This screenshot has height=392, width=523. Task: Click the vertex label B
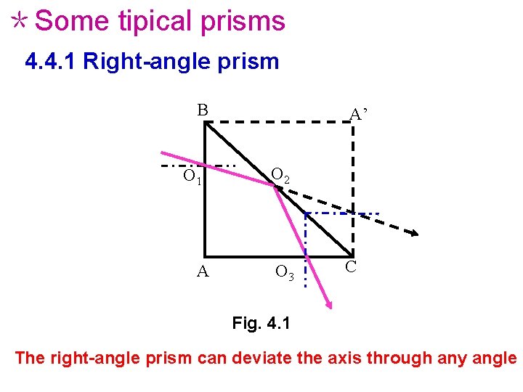coord(203,110)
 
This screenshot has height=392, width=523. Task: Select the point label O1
coord(192,176)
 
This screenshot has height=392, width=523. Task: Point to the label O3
coord(285,273)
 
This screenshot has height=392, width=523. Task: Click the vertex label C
coord(351,267)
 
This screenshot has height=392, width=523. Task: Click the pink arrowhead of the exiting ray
coord(329,305)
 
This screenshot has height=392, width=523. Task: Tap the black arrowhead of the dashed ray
coord(414,232)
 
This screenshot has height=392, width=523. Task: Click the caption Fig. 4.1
coord(261,322)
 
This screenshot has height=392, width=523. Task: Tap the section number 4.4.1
coord(51,62)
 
